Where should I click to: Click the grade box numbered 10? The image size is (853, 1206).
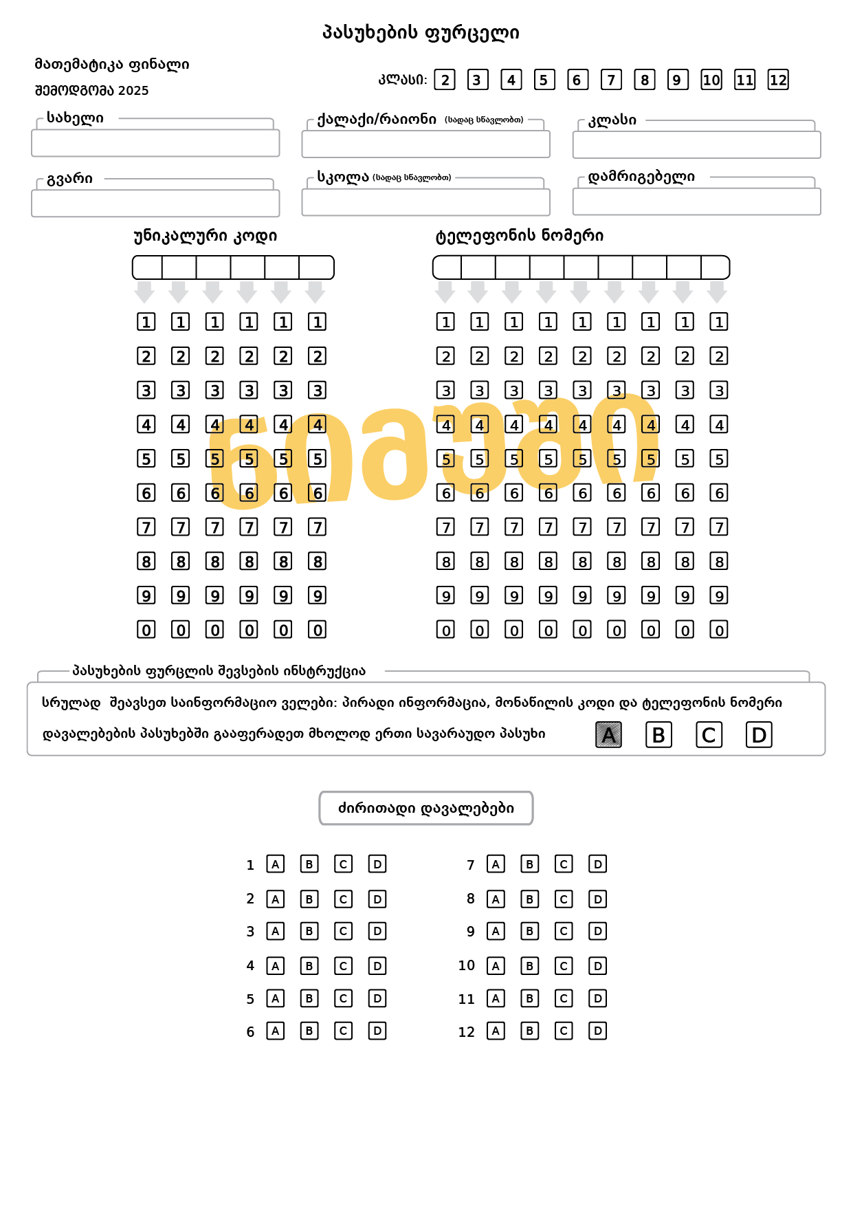(711, 80)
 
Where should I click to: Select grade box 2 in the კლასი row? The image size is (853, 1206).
(445, 80)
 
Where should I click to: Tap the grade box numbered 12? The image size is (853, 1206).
(777, 80)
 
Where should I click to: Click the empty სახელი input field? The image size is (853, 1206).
(155, 143)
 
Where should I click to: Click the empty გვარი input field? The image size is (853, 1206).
(155, 203)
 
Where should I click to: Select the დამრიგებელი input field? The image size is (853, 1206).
(696, 201)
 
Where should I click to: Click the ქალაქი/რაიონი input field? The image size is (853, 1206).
(425, 144)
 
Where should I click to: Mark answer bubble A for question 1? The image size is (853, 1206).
(276, 864)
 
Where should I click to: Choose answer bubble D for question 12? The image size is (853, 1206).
(598, 1031)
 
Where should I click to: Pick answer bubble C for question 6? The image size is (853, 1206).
(343, 1031)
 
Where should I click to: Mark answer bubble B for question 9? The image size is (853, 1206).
(529, 931)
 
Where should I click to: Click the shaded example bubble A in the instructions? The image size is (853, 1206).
(608, 735)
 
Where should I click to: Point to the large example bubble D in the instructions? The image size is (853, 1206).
(759, 735)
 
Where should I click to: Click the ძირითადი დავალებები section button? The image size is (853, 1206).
(426, 808)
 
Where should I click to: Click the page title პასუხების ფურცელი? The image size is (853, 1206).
(421, 32)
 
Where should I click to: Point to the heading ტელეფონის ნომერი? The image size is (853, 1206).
(520, 236)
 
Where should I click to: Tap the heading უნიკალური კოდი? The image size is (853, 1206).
(205, 236)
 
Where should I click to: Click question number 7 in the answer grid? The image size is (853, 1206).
(471, 865)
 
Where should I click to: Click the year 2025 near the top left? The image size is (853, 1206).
(133, 91)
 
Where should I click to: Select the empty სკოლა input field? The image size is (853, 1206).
(425, 202)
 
